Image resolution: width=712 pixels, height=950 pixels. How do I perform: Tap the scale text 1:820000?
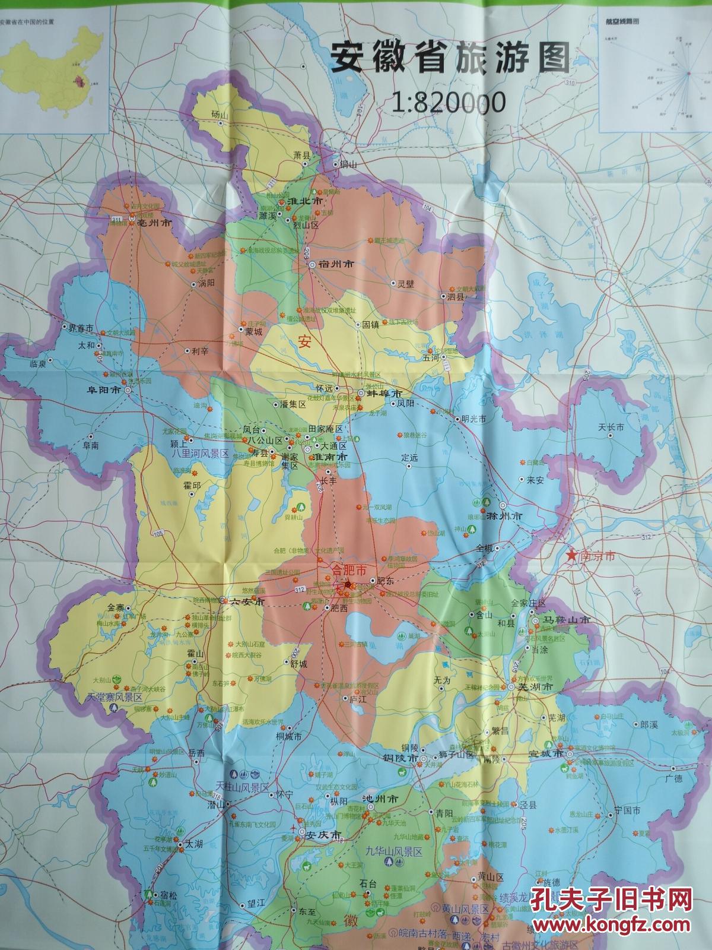point(449,103)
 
